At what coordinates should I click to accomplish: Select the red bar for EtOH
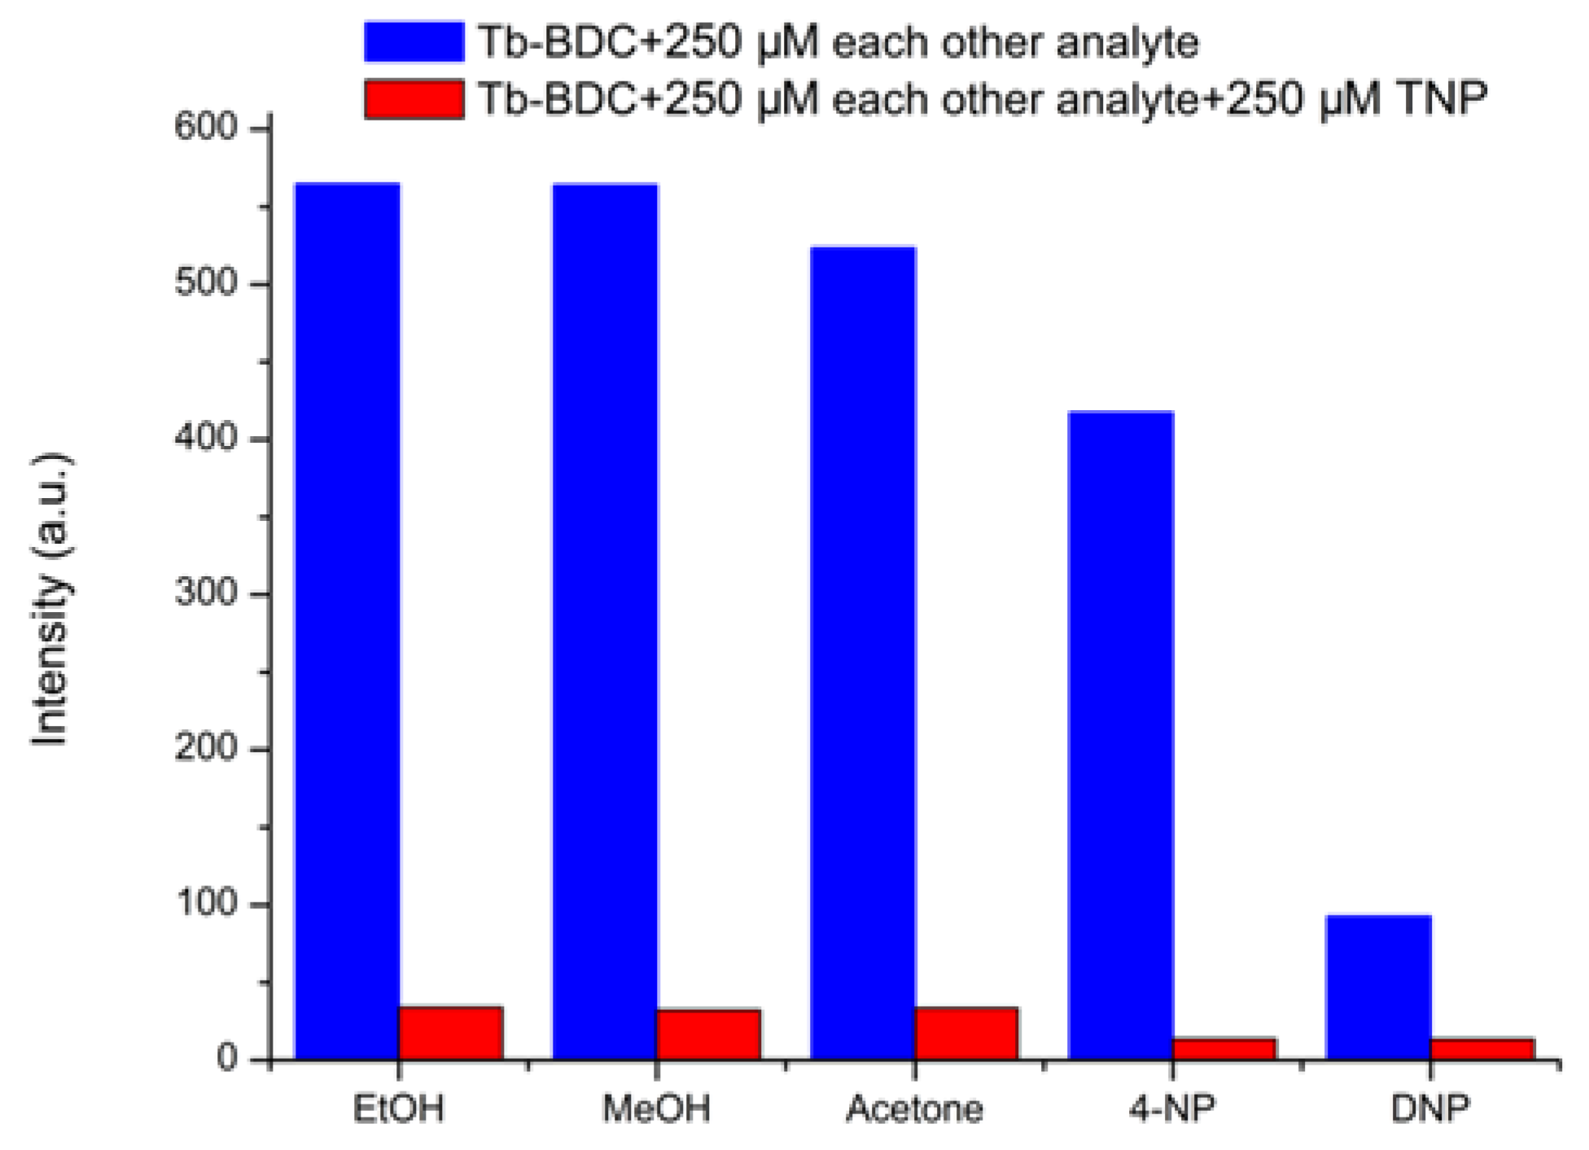click(450, 1033)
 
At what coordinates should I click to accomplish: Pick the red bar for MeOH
click(708, 1034)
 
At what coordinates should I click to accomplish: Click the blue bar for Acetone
click(863, 651)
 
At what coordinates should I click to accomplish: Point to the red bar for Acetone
click(966, 1034)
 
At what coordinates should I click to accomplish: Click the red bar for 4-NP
click(1224, 1049)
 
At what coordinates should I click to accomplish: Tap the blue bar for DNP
click(1378, 986)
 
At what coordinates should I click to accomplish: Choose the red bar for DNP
click(1482, 1049)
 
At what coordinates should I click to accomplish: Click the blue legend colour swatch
click(414, 42)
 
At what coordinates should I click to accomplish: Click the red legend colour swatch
click(414, 99)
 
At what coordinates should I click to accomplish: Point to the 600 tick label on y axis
click(205, 128)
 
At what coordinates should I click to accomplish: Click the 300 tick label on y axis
click(205, 593)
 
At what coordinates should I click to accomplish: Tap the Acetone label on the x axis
click(914, 1108)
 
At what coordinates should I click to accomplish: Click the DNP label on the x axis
click(1430, 1108)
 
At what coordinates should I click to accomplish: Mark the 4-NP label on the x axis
click(1172, 1108)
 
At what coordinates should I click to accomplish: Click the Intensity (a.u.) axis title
click(50, 598)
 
